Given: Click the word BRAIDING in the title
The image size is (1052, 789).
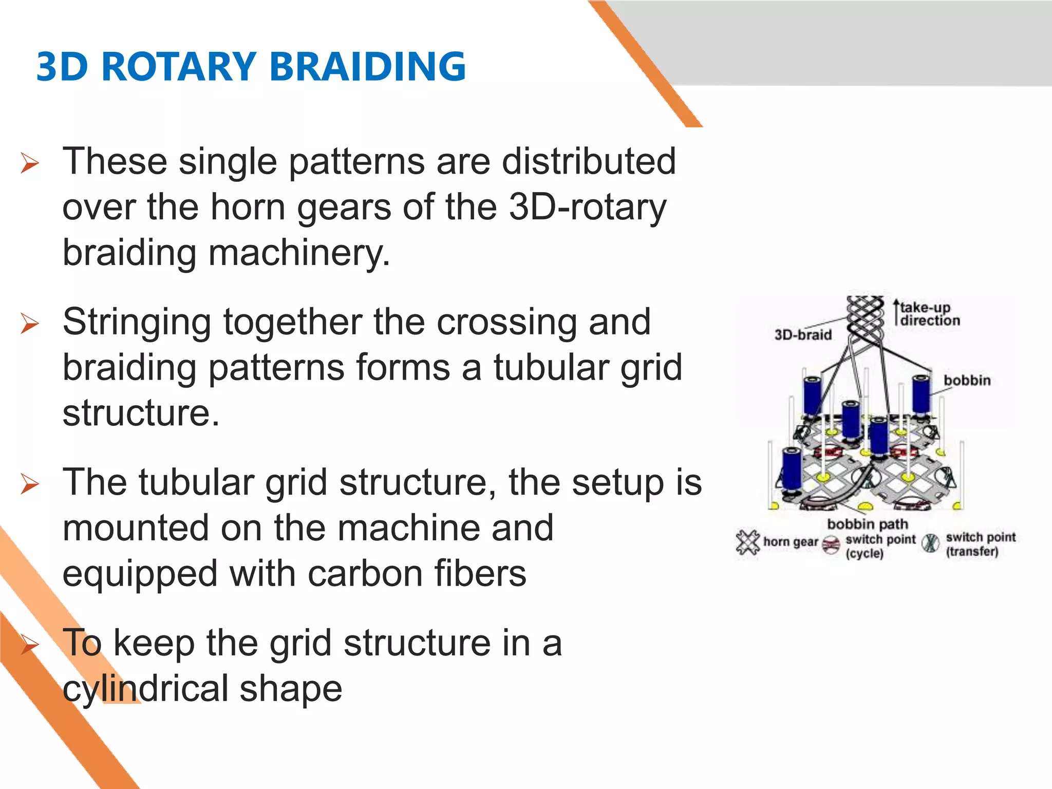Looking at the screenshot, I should [x=367, y=67].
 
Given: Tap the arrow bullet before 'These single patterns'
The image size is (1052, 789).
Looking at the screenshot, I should [x=30, y=163].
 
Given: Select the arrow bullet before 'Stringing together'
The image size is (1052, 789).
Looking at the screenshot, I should [x=30, y=324].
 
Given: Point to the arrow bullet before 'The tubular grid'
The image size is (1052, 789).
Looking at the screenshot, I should [x=30, y=484].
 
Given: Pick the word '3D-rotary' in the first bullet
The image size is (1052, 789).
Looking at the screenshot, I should [x=587, y=207].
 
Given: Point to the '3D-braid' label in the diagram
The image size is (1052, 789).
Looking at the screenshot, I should [x=803, y=335].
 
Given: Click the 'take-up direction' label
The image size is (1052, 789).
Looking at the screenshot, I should [x=929, y=314].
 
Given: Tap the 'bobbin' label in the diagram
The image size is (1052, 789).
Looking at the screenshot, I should [x=967, y=381].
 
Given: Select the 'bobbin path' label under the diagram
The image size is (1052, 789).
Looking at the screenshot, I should [x=867, y=524].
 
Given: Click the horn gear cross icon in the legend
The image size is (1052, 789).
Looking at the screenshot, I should [x=747, y=542].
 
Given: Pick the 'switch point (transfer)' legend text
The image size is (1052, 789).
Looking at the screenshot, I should [x=980, y=544].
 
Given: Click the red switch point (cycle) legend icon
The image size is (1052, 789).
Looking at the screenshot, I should [x=831, y=544].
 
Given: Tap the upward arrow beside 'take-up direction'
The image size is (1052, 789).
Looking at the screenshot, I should [x=896, y=311].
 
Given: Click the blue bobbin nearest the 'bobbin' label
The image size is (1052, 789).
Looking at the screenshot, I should [x=921, y=394].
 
